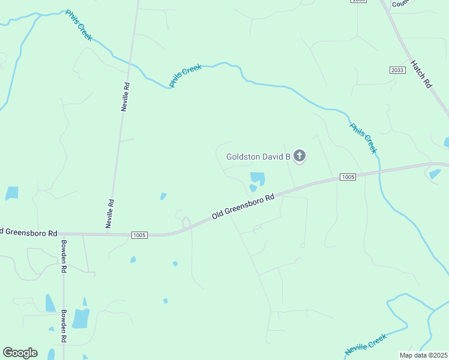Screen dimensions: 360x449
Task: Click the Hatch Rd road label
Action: click(x=421, y=74)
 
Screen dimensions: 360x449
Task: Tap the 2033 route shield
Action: click(x=397, y=70)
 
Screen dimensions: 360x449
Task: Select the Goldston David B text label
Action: click(x=258, y=157)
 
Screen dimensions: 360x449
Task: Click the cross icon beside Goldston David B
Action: click(x=300, y=157)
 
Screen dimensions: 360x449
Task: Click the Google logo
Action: click(x=20, y=353)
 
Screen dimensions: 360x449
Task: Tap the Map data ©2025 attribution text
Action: click(x=424, y=355)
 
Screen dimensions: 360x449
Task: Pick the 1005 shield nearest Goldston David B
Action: click(x=348, y=176)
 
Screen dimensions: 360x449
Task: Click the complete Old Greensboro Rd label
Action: click(x=243, y=206)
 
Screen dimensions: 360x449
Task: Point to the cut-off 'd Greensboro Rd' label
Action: click(x=29, y=232)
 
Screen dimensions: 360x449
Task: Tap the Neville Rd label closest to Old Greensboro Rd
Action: click(x=110, y=213)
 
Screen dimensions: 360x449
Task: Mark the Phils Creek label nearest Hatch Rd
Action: click(x=363, y=138)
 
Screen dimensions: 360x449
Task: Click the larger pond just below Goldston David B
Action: click(x=257, y=178)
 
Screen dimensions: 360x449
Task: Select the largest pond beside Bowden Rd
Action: click(x=80, y=318)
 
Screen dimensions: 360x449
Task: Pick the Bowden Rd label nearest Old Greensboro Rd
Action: click(x=63, y=256)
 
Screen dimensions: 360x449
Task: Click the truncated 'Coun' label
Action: click(x=399, y=4)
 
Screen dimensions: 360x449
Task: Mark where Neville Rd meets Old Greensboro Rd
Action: click(x=107, y=234)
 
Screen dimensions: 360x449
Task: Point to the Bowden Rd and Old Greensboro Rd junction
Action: click(x=63, y=234)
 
